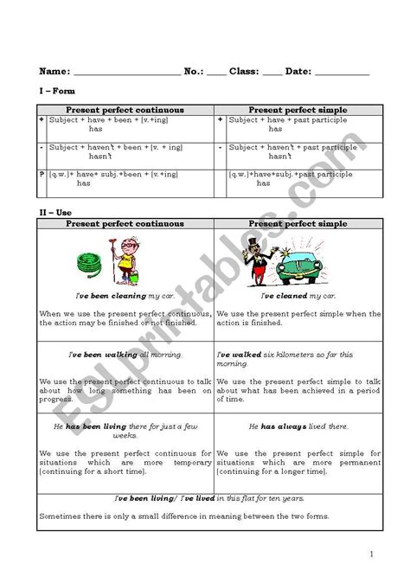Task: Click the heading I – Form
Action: coord(57,91)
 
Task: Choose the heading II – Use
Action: coord(56,211)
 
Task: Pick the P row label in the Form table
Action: coord(42,175)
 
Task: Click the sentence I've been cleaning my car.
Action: coord(125,296)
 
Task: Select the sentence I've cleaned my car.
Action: coord(298,296)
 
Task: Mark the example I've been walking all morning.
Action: coord(125,355)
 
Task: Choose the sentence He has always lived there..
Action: coord(298,426)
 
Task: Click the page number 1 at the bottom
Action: coord(372,554)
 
